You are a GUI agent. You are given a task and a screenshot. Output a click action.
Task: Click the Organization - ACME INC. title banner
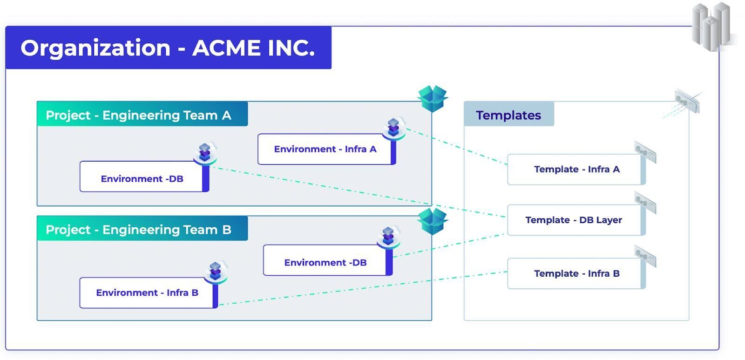tap(168, 48)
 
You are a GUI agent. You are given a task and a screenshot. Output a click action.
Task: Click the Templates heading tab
tap(508, 115)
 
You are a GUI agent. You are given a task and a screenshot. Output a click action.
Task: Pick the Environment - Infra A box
tap(325, 149)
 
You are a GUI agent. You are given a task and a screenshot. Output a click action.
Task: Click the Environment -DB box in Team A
tap(142, 179)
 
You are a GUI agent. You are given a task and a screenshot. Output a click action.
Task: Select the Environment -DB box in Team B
tap(325, 262)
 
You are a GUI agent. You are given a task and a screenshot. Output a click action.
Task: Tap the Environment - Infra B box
tap(147, 292)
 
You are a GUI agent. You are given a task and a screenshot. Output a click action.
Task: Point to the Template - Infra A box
tap(576, 169)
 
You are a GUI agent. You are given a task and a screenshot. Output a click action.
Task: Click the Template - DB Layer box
tap(574, 220)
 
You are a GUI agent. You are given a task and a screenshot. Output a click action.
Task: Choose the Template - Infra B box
tap(576, 273)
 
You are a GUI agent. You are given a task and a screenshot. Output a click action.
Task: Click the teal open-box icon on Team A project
tap(433, 98)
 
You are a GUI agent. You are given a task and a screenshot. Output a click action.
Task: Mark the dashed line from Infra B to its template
tap(363, 289)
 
